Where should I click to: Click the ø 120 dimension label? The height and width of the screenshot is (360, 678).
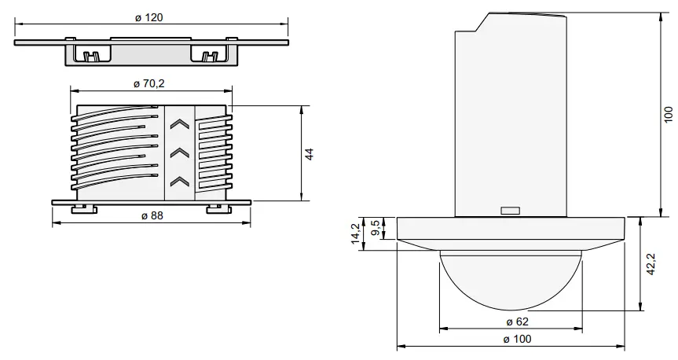[149, 17]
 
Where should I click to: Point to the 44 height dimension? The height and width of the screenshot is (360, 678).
[310, 153]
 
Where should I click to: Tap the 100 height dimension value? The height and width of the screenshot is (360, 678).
[668, 114]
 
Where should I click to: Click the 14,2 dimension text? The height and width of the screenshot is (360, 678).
[356, 234]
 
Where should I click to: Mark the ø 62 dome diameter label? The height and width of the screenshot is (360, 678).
[511, 322]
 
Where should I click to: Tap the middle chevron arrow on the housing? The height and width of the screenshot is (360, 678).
[180, 152]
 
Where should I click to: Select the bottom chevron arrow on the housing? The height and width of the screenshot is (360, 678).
[180, 182]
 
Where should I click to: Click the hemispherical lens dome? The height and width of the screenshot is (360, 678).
[511, 279]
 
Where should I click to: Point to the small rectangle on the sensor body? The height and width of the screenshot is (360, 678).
[510, 211]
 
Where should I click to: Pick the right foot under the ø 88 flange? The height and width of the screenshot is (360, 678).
[215, 209]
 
